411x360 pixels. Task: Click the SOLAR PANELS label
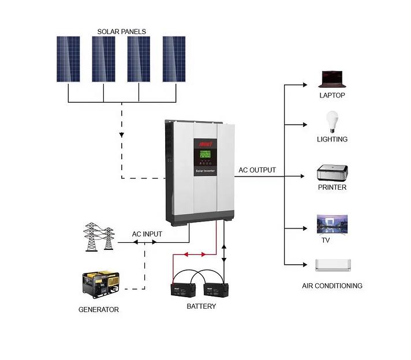point(121,32)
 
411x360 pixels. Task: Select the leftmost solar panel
point(68,59)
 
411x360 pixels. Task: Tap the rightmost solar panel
point(174,59)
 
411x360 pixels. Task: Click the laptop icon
point(332,79)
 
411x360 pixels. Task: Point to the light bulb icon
point(332,122)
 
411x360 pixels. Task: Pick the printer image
point(332,172)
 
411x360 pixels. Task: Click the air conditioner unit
point(332,265)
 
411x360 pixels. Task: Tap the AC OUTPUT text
point(257,170)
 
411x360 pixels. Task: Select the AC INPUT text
point(147,234)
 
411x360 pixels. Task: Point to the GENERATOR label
point(99,310)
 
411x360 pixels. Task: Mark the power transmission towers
point(99,237)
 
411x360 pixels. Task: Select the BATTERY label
point(201,306)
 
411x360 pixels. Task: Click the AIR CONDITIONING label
point(332,286)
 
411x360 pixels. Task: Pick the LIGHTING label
point(332,139)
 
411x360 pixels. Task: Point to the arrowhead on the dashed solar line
point(122,136)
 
